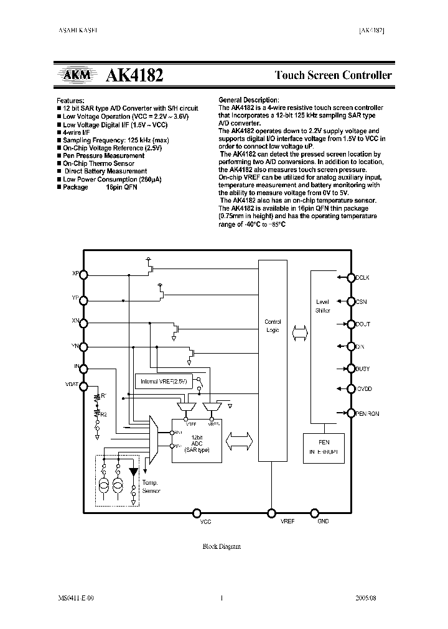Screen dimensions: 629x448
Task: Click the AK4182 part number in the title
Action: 135,76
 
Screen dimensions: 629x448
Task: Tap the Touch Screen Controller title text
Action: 334,76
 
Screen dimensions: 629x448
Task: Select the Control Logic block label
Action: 273,326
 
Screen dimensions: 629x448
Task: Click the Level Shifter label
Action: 322,306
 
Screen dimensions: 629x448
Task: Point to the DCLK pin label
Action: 362,278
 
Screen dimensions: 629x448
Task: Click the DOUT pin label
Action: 362,324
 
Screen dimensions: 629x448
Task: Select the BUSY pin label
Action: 362,369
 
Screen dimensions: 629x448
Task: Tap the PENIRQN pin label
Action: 367,413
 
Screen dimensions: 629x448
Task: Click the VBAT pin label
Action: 72,385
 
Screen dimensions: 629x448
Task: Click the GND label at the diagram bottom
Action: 323,521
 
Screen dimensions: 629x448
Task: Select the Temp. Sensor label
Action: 151,487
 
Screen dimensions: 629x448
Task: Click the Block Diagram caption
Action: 222,546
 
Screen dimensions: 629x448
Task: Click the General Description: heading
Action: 248,100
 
